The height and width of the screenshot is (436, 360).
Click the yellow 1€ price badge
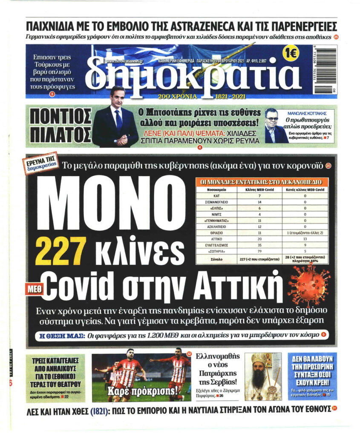click(x=291, y=54)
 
